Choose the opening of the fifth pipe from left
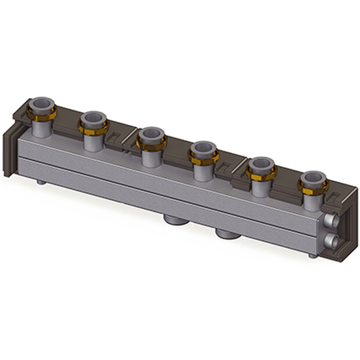coord(261,163)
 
